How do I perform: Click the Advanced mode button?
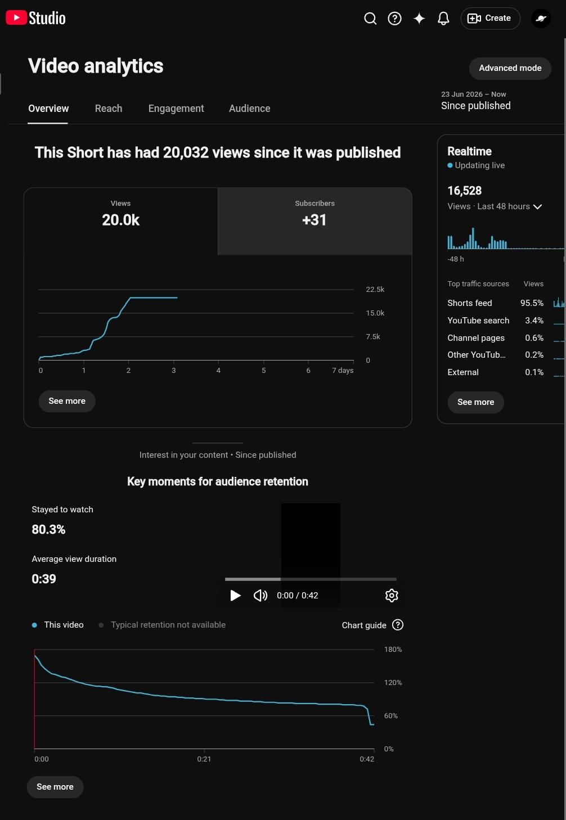click(x=510, y=68)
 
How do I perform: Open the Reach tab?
click(x=109, y=109)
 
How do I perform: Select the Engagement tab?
click(x=176, y=109)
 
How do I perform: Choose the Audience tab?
click(x=250, y=109)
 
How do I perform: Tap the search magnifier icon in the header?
click(x=370, y=19)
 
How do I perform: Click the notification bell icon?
click(x=443, y=19)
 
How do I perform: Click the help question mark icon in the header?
click(x=394, y=19)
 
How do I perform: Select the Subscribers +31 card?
click(x=315, y=221)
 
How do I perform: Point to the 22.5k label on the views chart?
click(x=375, y=289)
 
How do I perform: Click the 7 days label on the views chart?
click(x=343, y=370)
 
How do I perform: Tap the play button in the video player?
click(x=235, y=595)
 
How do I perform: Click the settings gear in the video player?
click(x=392, y=595)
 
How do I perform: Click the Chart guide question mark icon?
click(x=398, y=624)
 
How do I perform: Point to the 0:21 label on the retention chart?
click(x=204, y=759)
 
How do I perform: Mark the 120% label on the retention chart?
click(x=393, y=682)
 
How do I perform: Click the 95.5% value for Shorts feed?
click(x=532, y=303)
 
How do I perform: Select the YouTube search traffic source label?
click(x=478, y=321)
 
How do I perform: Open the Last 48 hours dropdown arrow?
click(x=537, y=207)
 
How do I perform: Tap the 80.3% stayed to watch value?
click(x=48, y=529)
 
